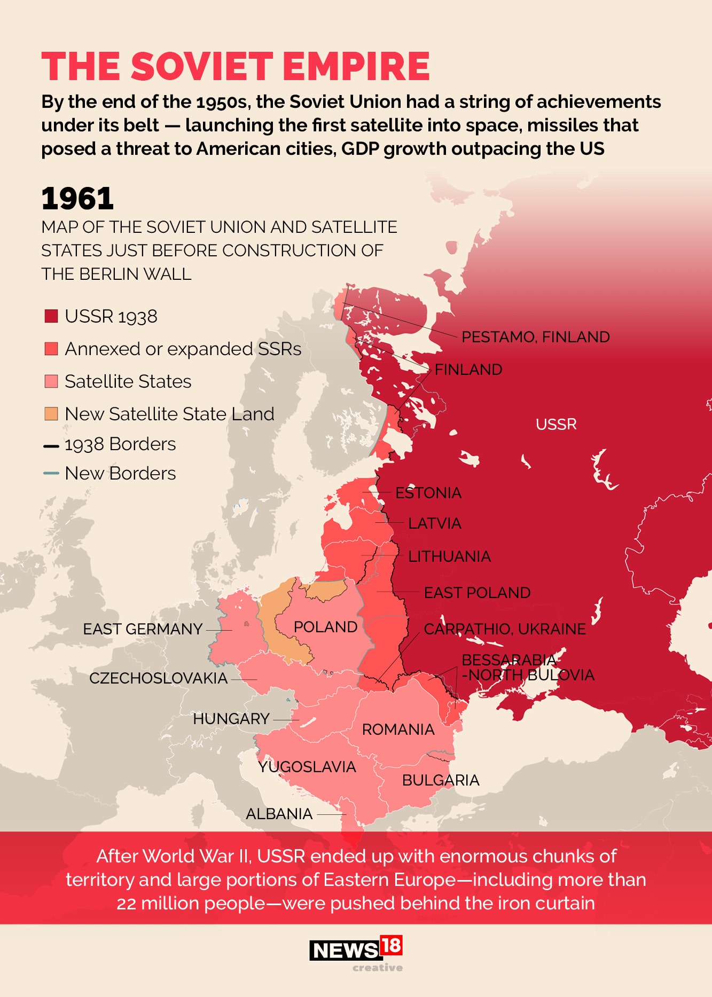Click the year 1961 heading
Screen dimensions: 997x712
click(77, 199)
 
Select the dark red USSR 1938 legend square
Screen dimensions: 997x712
click(51, 316)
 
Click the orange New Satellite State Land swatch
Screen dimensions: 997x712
click(51, 414)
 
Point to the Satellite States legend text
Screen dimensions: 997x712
click(128, 381)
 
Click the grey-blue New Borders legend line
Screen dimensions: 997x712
click(51, 473)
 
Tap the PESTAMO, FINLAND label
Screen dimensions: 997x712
click(535, 337)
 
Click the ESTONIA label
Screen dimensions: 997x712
click(428, 493)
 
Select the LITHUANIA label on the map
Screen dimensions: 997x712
click(449, 556)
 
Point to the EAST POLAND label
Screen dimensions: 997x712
click(477, 593)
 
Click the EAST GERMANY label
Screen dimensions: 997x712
click(143, 629)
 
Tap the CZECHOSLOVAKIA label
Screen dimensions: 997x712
click(158, 678)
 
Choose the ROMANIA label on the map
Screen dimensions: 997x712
click(398, 729)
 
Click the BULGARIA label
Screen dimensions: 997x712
click(441, 780)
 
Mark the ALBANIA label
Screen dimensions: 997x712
click(279, 814)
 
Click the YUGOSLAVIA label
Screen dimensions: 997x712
click(307, 767)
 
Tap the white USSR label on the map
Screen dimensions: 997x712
click(556, 425)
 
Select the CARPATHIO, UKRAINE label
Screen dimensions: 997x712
click(505, 629)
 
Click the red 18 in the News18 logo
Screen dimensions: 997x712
click(391, 946)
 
